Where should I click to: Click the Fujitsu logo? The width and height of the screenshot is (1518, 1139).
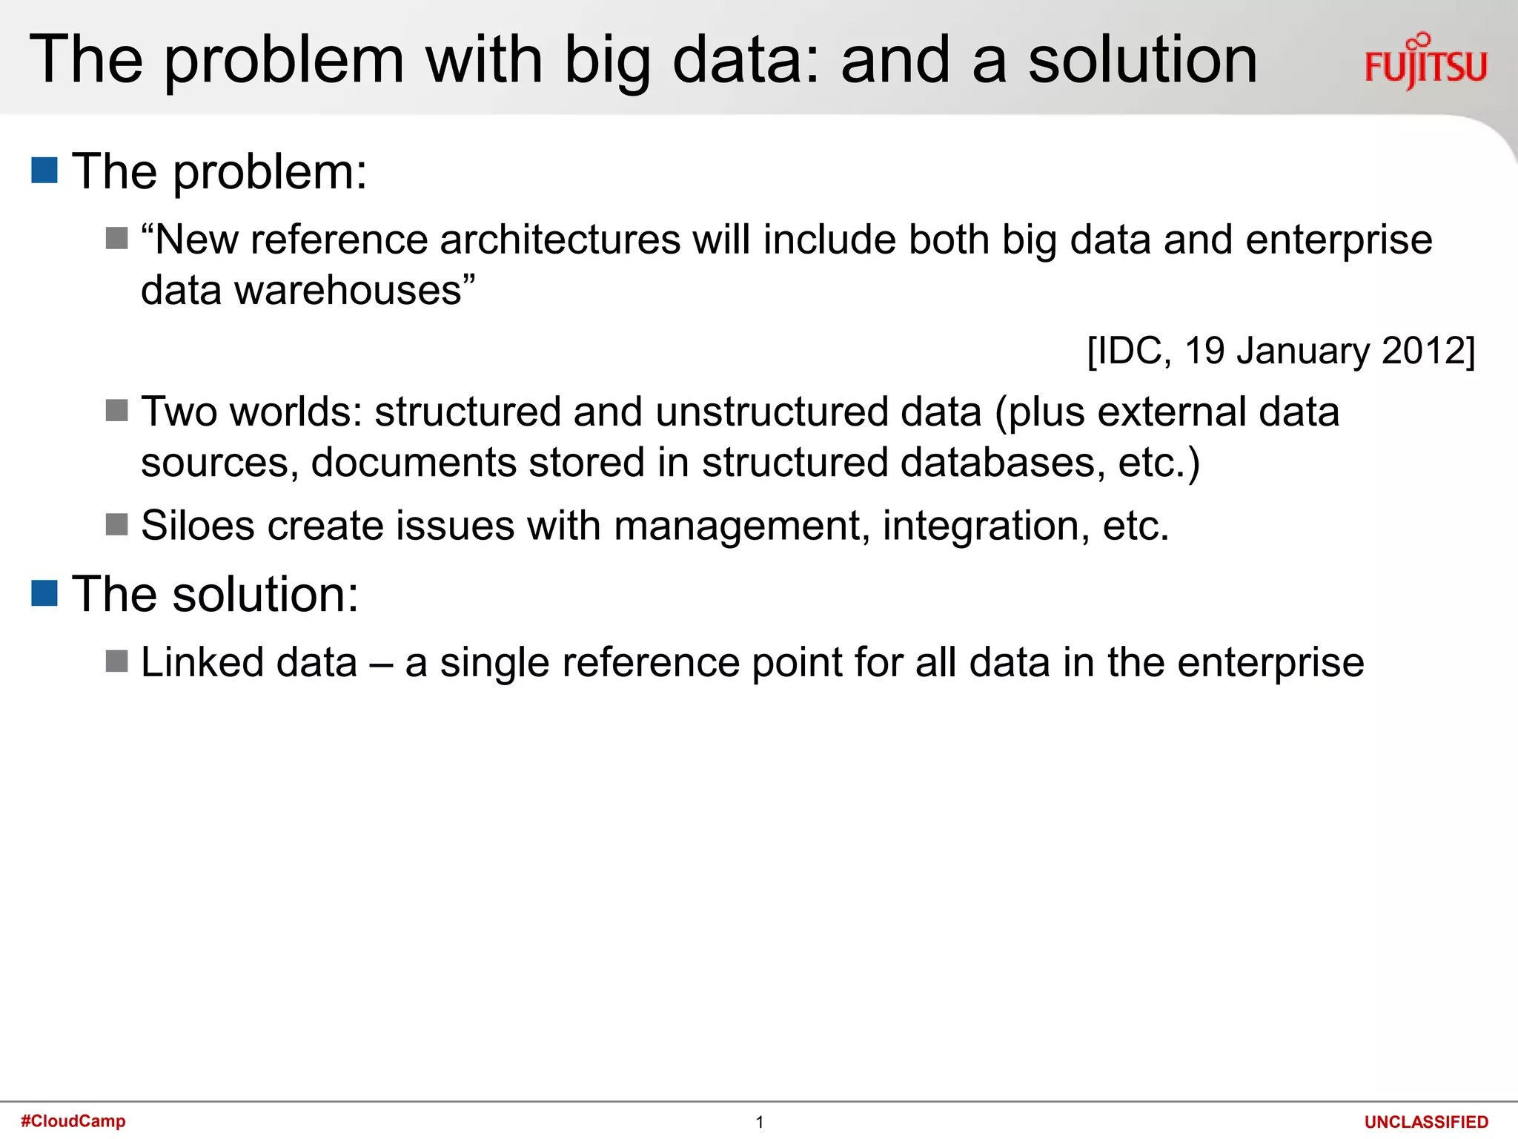tap(1425, 62)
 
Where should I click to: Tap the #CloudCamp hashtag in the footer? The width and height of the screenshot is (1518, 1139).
tap(73, 1120)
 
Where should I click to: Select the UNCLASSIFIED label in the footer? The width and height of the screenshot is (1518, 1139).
tap(1426, 1122)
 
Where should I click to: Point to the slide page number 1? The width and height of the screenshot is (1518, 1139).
tap(759, 1122)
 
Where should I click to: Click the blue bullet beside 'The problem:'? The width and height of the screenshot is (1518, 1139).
tap(44, 171)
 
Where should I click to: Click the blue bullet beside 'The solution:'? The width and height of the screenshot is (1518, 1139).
tap(44, 593)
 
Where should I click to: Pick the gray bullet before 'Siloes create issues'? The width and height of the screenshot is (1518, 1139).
tap(117, 525)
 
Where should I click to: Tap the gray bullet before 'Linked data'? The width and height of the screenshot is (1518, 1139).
tap(117, 661)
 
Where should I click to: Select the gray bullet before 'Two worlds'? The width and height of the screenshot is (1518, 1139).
tap(117, 410)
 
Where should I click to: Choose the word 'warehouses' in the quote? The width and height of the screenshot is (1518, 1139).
tap(348, 290)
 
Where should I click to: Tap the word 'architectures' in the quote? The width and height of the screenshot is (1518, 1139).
tap(560, 240)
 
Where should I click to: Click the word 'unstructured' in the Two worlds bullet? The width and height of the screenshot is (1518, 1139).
tap(772, 412)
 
